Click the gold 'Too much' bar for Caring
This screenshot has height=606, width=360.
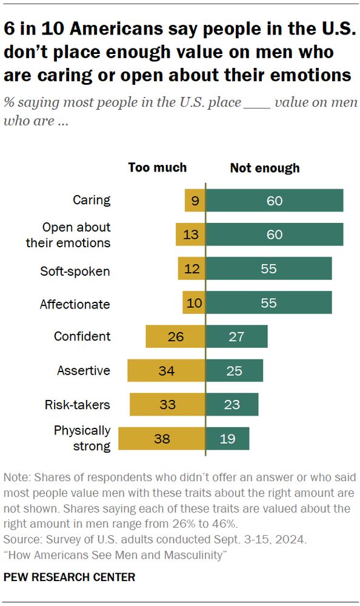pyautogui.click(x=195, y=201)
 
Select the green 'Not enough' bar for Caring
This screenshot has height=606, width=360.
pyautogui.click(x=275, y=201)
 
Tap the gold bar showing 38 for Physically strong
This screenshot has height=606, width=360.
pyautogui.click(x=162, y=439)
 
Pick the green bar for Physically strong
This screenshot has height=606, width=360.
pyautogui.click(x=227, y=439)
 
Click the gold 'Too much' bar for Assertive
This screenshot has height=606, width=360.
pyautogui.click(x=167, y=370)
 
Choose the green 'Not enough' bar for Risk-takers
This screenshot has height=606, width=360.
pyautogui.click(x=232, y=404)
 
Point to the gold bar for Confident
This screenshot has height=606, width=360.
pyautogui.click(x=176, y=336)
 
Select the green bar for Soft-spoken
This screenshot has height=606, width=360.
pyautogui.click(x=269, y=268)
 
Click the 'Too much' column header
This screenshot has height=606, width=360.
pyautogui.click(x=158, y=168)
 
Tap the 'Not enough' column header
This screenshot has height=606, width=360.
pyautogui.click(x=265, y=168)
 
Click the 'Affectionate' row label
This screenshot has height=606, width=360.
pyautogui.click(x=75, y=304)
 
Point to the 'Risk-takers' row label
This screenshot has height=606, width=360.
pyautogui.click(x=78, y=404)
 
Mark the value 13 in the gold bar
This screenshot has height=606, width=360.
pyautogui.click(x=191, y=235)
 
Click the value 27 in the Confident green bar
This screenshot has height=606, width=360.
pyautogui.click(x=236, y=336)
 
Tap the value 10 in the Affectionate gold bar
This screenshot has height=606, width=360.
pyautogui.click(x=195, y=302)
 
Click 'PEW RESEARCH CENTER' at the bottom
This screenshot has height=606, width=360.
pyautogui.click(x=70, y=577)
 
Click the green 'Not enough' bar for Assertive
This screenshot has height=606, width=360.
pyautogui.click(x=235, y=370)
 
